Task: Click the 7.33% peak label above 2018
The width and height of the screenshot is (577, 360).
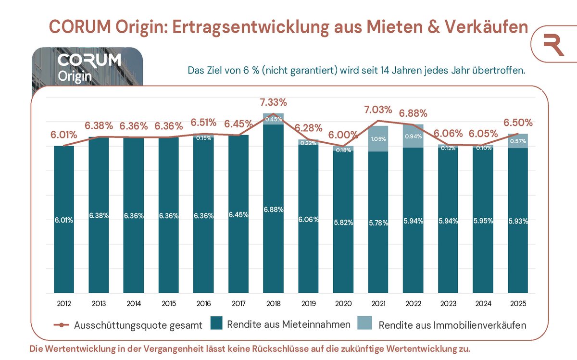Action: point(273,102)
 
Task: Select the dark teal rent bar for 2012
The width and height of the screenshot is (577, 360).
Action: point(64,192)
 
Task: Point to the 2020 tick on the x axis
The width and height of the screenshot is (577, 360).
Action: point(343,304)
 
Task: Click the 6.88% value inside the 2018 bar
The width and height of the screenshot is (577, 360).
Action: point(273,210)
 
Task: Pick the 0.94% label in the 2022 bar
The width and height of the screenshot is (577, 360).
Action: point(413,136)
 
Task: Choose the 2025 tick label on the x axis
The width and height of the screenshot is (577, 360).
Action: point(518,304)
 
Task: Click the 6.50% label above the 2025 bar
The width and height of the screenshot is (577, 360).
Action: point(518,123)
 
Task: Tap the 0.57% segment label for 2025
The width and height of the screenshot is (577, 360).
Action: point(518,141)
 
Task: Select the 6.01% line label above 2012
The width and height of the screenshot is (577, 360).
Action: point(64,135)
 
